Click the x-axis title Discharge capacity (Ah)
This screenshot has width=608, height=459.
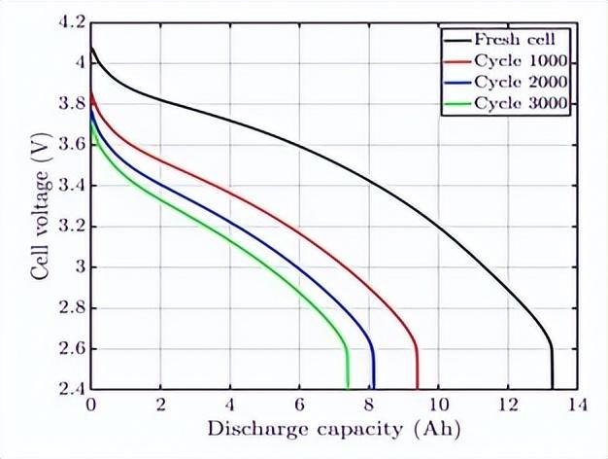[333, 429]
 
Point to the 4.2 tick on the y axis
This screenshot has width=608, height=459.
[73, 21]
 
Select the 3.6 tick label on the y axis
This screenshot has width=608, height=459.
[73, 144]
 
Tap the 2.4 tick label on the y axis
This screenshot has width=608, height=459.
[73, 389]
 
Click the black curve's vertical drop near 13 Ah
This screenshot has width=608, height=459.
[552, 370]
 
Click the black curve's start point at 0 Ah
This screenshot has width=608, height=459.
[91, 47]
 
